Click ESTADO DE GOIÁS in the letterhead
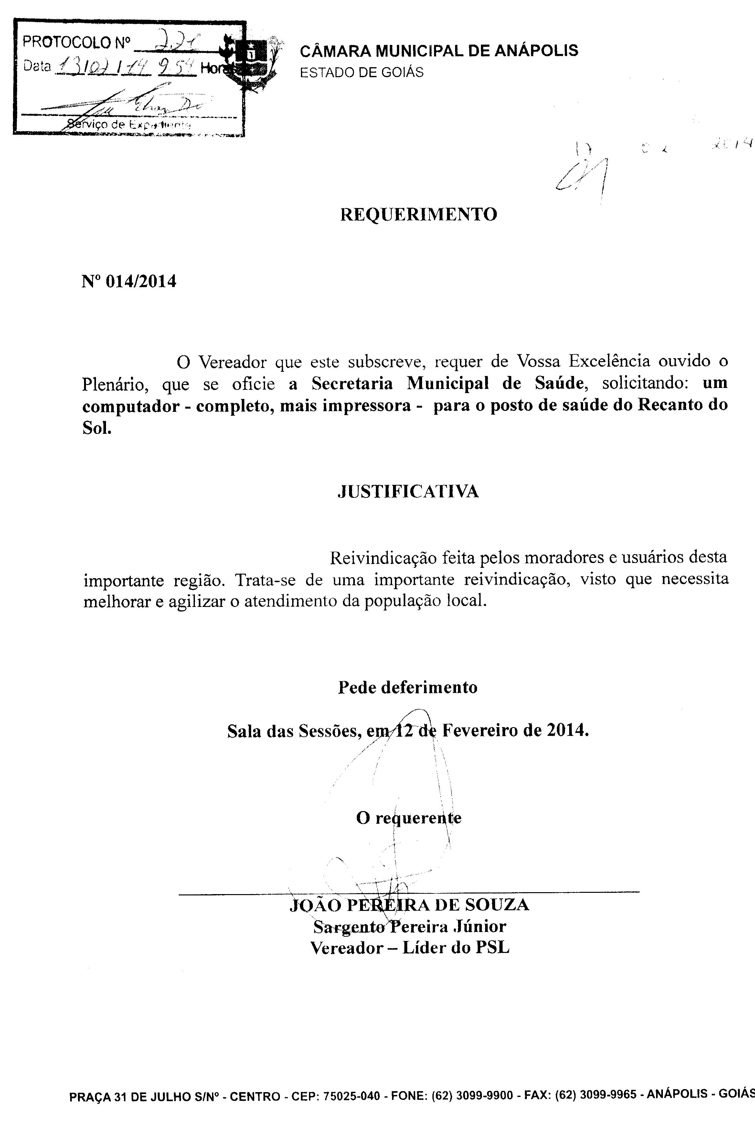(x=362, y=73)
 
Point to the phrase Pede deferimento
(x=407, y=687)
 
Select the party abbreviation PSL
(x=492, y=948)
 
